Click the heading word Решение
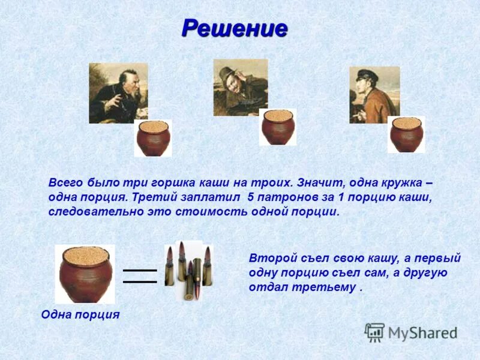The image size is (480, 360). pyautogui.click(x=234, y=28)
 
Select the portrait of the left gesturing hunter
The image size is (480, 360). pyautogui.click(x=118, y=93)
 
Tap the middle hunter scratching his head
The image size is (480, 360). pyautogui.click(x=240, y=87)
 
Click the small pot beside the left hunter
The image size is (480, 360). pyautogui.click(x=153, y=138)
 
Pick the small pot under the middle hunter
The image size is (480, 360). pyautogui.click(x=277, y=127)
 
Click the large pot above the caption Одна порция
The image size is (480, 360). pyautogui.click(x=85, y=274)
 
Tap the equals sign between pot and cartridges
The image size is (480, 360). pyautogui.click(x=139, y=276)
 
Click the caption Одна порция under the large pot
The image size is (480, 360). pyautogui.click(x=80, y=314)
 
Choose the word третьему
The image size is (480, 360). pyautogui.click(x=328, y=287)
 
